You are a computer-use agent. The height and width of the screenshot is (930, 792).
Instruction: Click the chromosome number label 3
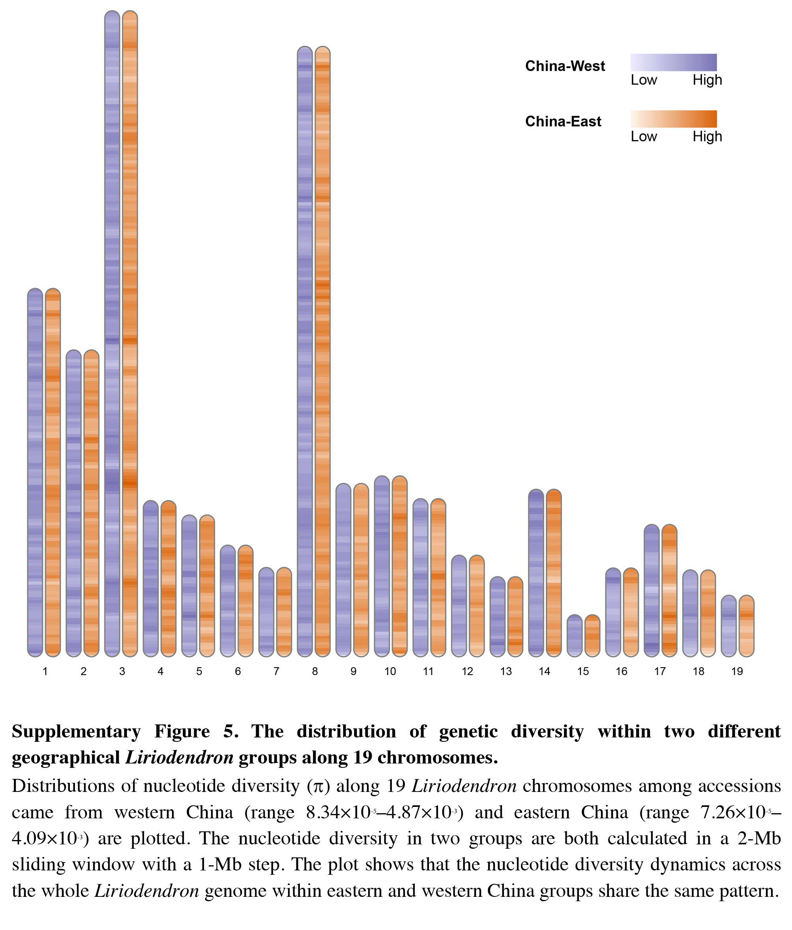point(122,672)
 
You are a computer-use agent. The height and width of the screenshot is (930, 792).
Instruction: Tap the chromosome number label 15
point(583,672)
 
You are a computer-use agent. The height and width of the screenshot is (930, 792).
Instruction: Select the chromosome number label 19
point(737,672)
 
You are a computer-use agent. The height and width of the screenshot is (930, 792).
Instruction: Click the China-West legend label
point(565,66)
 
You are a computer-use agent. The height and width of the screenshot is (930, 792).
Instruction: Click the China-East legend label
point(563,122)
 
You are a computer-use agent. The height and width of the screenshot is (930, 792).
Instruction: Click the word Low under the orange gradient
point(643,137)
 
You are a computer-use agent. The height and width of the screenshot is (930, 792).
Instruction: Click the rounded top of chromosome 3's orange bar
point(130,15)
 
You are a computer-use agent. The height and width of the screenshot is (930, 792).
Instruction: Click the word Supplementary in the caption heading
point(76,732)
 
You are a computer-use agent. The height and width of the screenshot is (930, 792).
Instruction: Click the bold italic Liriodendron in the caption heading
point(179,758)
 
